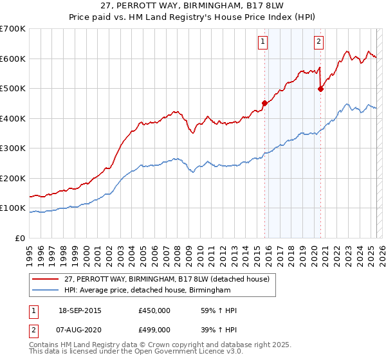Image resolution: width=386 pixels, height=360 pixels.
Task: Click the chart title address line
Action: click(x=193, y=6)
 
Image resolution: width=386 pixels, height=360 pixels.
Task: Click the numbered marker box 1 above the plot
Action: click(x=263, y=42)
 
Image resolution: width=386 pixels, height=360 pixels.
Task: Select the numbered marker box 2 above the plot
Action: click(x=319, y=42)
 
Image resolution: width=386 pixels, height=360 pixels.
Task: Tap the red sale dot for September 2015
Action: click(x=264, y=102)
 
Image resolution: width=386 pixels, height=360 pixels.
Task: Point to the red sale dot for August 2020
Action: click(x=320, y=89)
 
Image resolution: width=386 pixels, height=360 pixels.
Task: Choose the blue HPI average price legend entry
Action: click(x=147, y=291)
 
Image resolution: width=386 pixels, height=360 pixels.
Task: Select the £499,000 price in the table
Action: click(x=154, y=329)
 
